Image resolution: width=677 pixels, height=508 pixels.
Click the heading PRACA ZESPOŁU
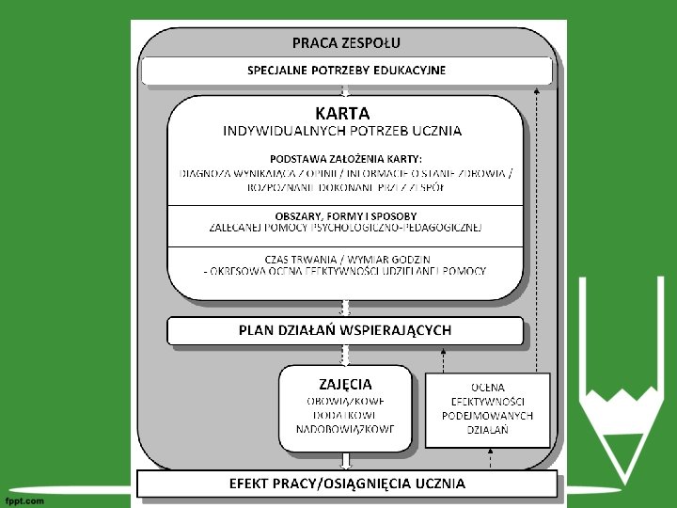coord(346,42)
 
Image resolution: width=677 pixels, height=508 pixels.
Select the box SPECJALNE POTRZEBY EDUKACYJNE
coord(346,71)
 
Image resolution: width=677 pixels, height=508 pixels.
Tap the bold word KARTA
coord(342,113)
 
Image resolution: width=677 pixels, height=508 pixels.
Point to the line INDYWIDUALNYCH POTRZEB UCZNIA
coord(342,131)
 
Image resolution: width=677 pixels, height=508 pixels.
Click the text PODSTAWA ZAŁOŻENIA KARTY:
coord(346,158)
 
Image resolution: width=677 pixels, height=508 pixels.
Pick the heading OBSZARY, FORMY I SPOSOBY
coord(346,215)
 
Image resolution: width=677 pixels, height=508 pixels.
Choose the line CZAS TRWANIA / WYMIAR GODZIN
coord(346,259)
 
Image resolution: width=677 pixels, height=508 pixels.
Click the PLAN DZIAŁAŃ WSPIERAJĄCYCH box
coord(345,330)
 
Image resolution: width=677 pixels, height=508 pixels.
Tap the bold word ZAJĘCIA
coord(345,384)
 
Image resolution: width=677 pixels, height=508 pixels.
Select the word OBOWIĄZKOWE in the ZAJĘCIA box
coord(346,401)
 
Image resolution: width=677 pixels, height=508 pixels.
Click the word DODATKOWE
coord(346,415)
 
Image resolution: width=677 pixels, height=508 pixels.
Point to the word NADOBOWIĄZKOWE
coord(346,429)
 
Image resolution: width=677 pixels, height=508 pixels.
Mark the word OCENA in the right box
coord(488,387)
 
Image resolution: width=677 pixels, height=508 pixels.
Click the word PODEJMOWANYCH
coord(488,415)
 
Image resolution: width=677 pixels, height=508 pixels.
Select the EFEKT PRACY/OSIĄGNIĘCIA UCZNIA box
coord(347,484)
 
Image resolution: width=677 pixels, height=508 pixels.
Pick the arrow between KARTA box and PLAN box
coord(346,308)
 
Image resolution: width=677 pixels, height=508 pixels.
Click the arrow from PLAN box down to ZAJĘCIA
coord(346,355)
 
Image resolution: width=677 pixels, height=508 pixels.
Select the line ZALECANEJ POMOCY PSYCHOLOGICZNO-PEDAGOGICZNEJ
coord(346,228)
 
